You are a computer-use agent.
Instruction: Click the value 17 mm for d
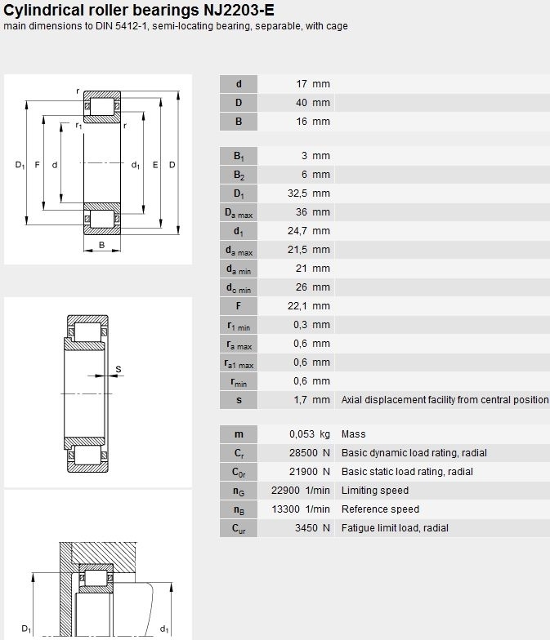[x=312, y=84]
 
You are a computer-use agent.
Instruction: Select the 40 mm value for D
[x=312, y=103]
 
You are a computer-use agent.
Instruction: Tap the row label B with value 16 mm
[x=239, y=122]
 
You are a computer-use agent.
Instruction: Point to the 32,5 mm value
[x=309, y=193]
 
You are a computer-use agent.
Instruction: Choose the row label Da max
[x=239, y=213]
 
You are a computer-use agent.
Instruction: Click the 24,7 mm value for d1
[x=309, y=231]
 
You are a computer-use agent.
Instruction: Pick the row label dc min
[x=239, y=288]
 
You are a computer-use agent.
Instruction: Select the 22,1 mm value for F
[x=309, y=306]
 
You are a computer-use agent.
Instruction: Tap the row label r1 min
[x=239, y=326]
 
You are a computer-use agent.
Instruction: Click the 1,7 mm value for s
[x=311, y=400]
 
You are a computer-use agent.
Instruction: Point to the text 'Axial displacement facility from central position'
[x=445, y=400]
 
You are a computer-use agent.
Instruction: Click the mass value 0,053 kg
[x=310, y=434]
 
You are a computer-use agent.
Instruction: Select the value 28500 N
[x=309, y=453]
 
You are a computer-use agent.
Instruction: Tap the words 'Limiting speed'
[x=375, y=491]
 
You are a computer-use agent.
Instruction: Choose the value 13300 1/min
[x=301, y=509]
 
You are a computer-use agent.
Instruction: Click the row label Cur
[x=239, y=529]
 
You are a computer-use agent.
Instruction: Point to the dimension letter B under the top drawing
[x=101, y=245]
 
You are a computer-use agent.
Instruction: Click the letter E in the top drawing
[x=155, y=165]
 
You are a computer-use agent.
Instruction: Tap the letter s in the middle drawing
[x=118, y=369]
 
